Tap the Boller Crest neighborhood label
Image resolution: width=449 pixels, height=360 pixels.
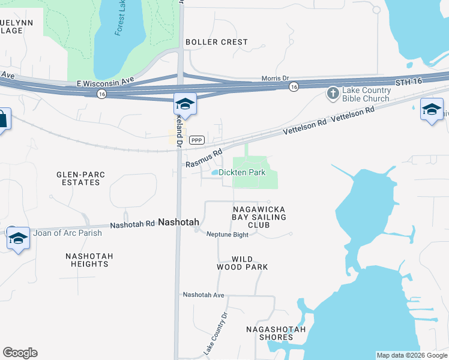(217, 42)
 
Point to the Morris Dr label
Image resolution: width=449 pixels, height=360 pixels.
(275, 78)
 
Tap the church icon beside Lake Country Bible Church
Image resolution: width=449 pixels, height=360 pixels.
(333, 94)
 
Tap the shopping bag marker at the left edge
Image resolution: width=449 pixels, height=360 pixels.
(2, 119)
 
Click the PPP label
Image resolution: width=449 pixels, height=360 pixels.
(196, 140)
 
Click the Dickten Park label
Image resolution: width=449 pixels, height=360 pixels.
(242, 172)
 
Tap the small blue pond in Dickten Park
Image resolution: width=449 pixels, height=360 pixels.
(214, 173)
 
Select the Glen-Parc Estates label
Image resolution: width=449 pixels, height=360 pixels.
(81, 178)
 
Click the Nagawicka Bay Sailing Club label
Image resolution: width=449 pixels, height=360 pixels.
(259, 217)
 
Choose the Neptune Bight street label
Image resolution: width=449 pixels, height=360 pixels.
(227, 234)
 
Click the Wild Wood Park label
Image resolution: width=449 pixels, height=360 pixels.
(242, 263)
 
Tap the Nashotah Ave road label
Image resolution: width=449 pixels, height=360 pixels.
(203, 295)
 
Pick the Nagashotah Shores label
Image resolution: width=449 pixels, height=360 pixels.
(276, 333)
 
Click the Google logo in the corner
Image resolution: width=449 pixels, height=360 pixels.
(20, 353)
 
